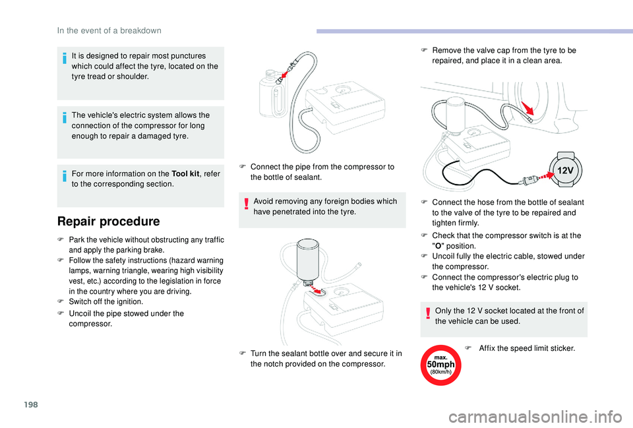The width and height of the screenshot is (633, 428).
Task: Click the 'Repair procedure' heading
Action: click(x=108, y=222)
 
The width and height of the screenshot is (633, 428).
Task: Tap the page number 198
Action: click(x=31, y=404)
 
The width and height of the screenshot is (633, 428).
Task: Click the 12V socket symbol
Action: click(x=565, y=169)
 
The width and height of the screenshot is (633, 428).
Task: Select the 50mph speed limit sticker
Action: click(x=441, y=365)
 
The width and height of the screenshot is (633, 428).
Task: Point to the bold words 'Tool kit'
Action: click(x=185, y=173)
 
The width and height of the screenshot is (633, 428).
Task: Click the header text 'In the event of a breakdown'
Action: click(x=109, y=31)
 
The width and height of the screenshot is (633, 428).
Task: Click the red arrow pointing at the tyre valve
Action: click(x=527, y=108)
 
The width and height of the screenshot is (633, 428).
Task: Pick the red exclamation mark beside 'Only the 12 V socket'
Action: click(x=428, y=313)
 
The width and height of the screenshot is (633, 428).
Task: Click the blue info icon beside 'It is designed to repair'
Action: click(x=64, y=59)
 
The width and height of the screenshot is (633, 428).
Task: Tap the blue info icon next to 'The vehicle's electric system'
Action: click(x=64, y=118)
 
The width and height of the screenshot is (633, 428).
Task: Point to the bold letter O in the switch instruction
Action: click(x=438, y=246)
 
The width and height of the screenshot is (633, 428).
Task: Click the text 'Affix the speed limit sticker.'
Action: click(x=527, y=348)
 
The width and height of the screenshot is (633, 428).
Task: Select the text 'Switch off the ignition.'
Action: click(x=105, y=301)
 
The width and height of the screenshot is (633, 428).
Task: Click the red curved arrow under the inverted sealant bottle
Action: click(x=318, y=290)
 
